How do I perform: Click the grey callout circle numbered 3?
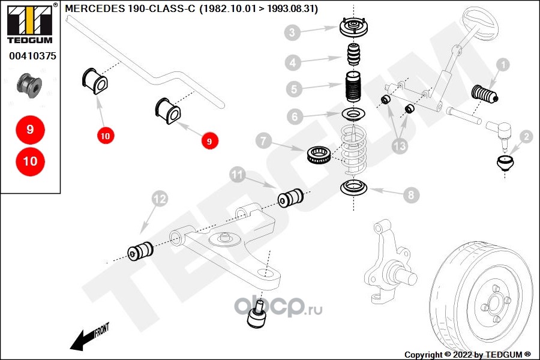[292, 32]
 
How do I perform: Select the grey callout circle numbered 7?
[264, 142]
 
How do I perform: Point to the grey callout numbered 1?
[502, 64]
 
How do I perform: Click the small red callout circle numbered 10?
[105, 136]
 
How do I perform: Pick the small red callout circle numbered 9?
[209, 142]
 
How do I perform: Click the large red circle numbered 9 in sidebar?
[30, 129]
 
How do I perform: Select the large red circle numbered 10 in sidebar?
[30, 161]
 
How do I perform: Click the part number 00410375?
[32, 56]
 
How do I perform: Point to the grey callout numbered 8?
[411, 194]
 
